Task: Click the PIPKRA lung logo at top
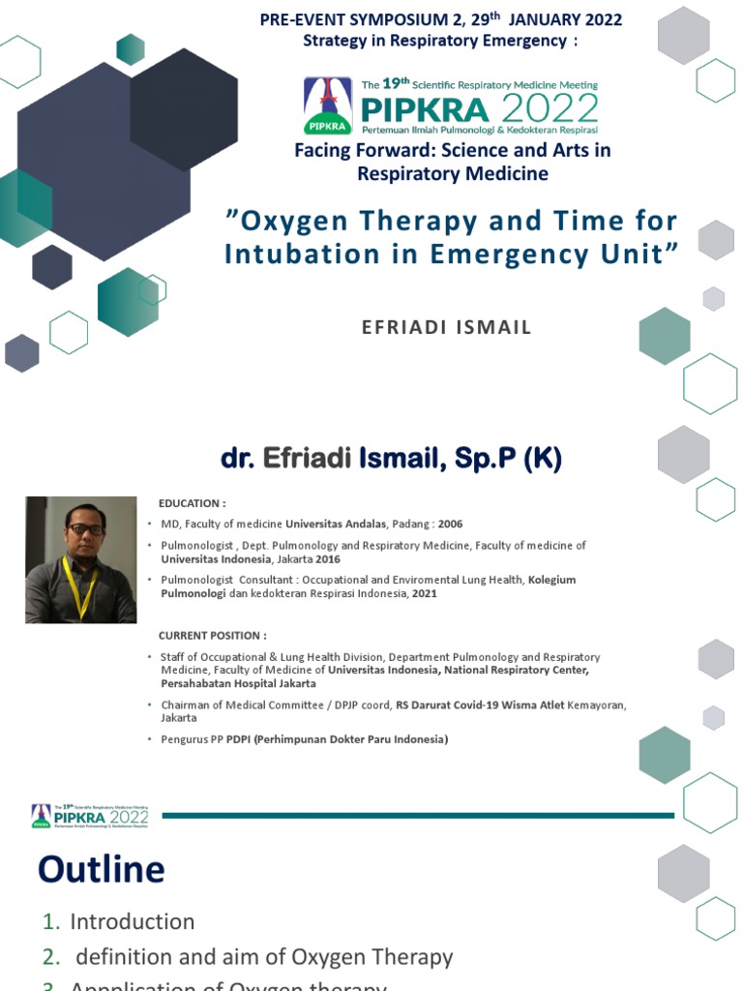pyautogui.click(x=326, y=105)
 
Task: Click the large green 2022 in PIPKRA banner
pyautogui.click(x=555, y=106)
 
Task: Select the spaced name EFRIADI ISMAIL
pyautogui.click(x=446, y=327)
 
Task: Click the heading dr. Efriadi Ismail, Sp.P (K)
pyautogui.click(x=391, y=459)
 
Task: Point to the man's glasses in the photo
pyautogui.click(x=85, y=529)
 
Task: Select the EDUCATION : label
pyautogui.click(x=193, y=503)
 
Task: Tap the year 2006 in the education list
pyautogui.click(x=450, y=524)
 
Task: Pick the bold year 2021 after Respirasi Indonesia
pyautogui.click(x=424, y=593)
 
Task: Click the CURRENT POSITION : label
pyautogui.click(x=213, y=635)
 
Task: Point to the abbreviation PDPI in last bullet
pyautogui.click(x=239, y=739)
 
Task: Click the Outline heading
pyautogui.click(x=101, y=869)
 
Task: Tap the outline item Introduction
pyautogui.click(x=132, y=921)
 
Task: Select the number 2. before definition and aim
pyautogui.click(x=50, y=957)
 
